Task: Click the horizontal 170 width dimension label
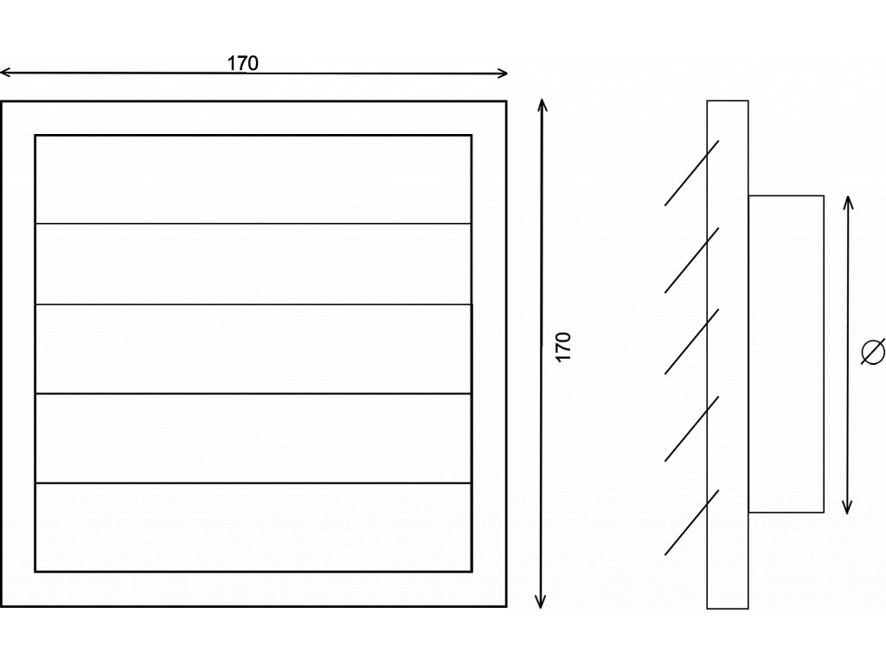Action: tap(243, 62)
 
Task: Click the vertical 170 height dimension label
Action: tap(564, 346)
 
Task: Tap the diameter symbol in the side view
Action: tap(873, 352)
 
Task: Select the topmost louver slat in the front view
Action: tap(253, 179)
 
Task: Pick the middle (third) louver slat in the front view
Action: tap(253, 348)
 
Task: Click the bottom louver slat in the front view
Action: tap(253, 527)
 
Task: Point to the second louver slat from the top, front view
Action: tap(253, 264)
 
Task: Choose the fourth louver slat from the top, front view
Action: tap(253, 437)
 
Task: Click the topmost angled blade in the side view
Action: tap(691, 173)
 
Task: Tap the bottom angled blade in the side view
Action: tap(691, 522)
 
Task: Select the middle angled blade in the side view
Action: tap(691, 342)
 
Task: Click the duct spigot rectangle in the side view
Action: tap(786, 354)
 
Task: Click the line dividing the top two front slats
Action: tap(253, 224)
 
